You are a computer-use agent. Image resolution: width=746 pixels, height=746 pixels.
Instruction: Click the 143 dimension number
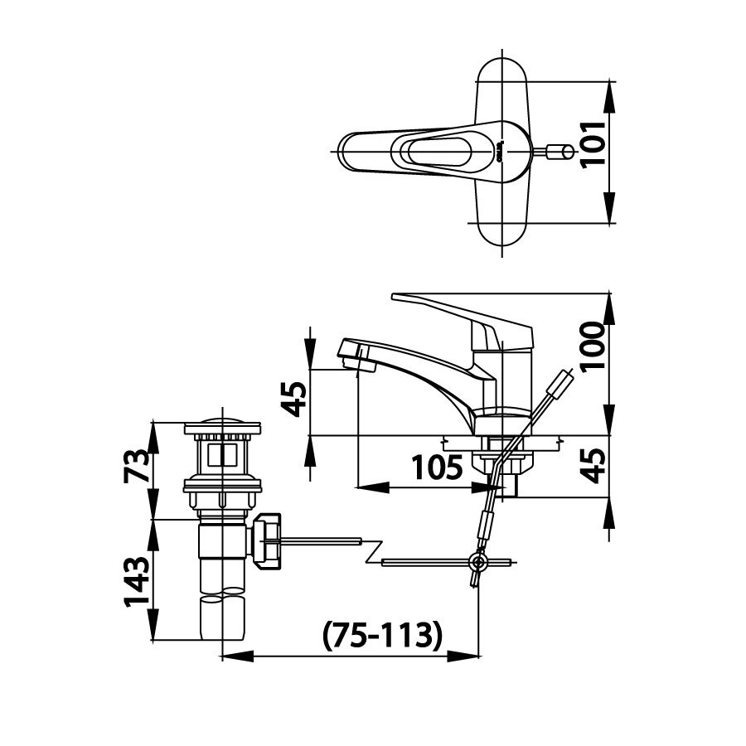tap(136, 579)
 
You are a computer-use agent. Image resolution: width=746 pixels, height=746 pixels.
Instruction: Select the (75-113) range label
tap(378, 636)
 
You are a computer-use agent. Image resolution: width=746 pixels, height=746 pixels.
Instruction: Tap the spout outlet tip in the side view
tap(350, 358)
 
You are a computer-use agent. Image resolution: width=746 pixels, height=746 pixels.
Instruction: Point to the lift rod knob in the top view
tap(562, 152)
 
